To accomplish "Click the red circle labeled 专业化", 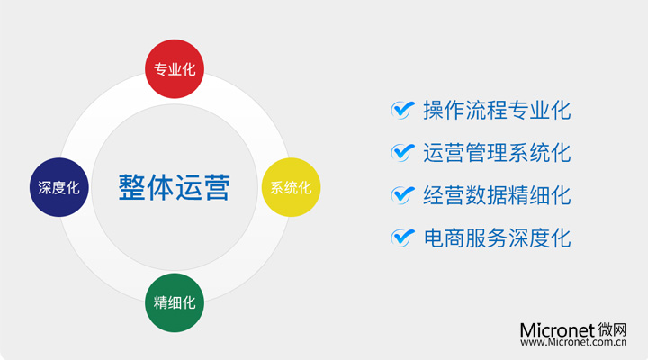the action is point(175,69).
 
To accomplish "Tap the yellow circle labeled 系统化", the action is point(291,187).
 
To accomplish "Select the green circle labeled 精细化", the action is point(175,302).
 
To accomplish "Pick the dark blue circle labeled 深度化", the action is point(59,187).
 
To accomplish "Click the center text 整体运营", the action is point(175,187).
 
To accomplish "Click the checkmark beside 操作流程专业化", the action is point(402,110).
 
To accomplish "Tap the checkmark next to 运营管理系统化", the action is point(402,152).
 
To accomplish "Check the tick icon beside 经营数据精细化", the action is point(402,195).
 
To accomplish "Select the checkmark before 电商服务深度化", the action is point(402,238).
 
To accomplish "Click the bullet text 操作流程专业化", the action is point(497,111).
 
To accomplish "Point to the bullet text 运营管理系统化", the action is point(497,153).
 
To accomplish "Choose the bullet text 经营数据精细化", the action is point(497,195).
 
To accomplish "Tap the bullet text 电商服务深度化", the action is point(497,238).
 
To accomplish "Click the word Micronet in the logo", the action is point(557,330).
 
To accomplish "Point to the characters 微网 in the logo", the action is point(612,329).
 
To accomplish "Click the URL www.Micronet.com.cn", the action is point(573,342).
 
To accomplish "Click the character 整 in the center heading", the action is point(131,187).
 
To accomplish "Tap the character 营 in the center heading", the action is point(217,187).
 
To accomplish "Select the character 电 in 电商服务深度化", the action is point(434,238).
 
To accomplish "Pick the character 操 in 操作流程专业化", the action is point(434,111).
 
